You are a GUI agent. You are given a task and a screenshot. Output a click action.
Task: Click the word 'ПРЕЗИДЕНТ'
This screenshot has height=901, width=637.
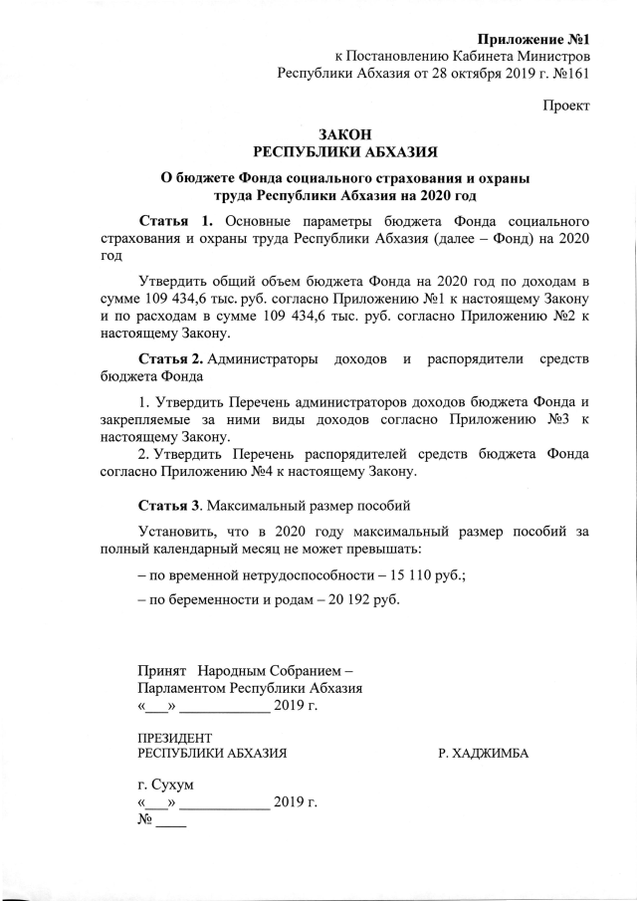tap(174, 737)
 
